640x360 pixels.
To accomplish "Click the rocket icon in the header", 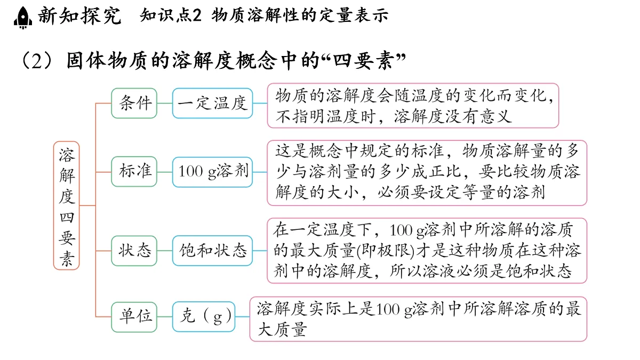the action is (x=23, y=17).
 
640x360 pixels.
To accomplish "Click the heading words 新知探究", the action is (x=79, y=15).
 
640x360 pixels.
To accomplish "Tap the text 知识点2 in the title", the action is (x=171, y=15).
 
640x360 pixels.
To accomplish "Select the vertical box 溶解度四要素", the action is (x=66, y=205).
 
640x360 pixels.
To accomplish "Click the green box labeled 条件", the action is (x=134, y=103).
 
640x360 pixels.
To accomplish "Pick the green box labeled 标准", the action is (x=134, y=171).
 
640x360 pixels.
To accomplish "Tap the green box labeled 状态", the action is (x=134, y=251).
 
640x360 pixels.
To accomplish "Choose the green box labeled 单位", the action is (x=134, y=317).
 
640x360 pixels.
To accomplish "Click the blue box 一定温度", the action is (x=213, y=103).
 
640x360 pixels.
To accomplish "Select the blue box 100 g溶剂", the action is (x=213, y=172).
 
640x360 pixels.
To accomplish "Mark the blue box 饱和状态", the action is (x=213, y=251).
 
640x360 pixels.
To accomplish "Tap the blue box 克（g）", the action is (x=204, y=317).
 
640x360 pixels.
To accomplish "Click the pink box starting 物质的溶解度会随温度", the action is (x=413, y=106).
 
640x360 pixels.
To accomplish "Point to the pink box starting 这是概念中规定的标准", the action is (x=427, y=173).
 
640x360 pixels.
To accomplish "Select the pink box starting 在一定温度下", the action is (x=427, y=251).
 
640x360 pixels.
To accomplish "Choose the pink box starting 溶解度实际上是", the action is (x=418, y=319).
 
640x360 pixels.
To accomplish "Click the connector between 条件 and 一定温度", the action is (x=165, y=103).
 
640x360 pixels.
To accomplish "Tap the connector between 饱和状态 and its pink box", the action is (x=260, y=251).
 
